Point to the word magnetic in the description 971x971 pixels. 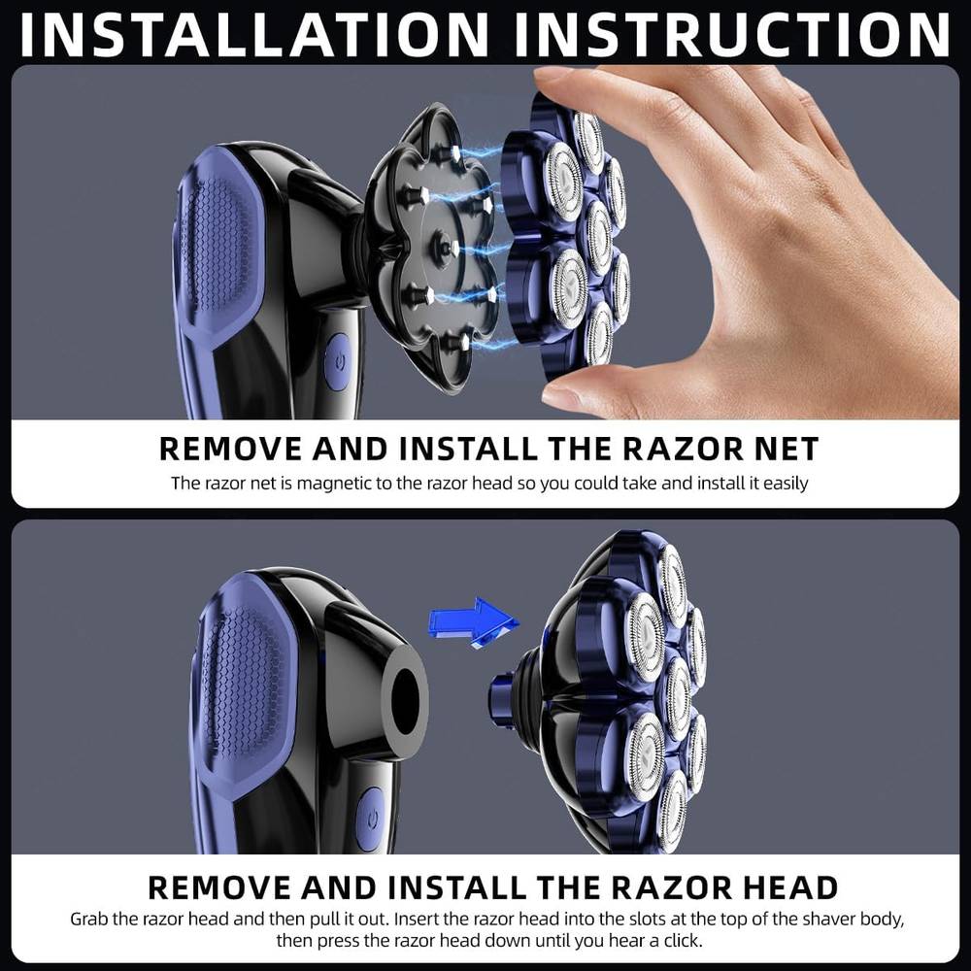pos(333,484)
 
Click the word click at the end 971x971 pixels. pos(683,941)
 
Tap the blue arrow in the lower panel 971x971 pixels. pos(473,621)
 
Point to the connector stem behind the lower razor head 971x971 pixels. pos(503,699)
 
